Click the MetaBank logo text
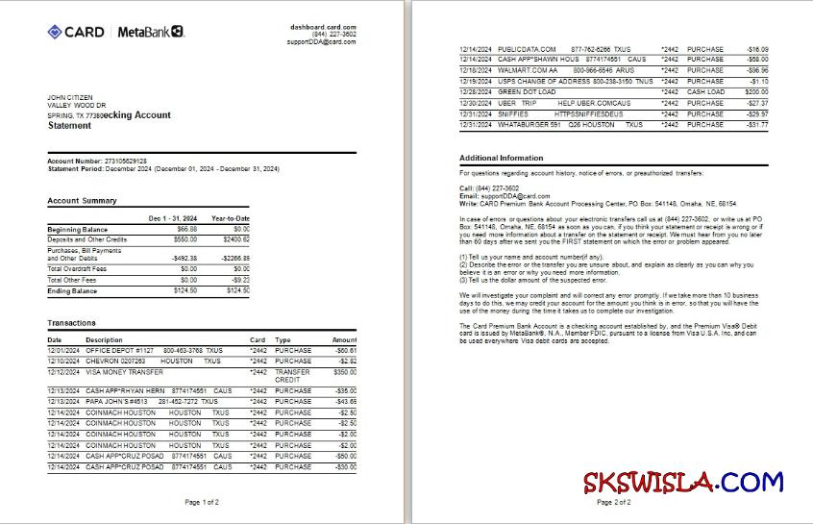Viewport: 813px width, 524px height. [x=150, y=32]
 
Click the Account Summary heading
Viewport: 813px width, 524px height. [x=83, y=201]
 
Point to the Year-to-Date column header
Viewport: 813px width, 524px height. [x=231, y=218]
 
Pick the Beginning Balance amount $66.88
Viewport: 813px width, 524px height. [x=186, y=229]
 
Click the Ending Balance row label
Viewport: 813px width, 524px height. [x=73, y=290]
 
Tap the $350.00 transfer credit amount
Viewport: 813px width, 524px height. [x=344, y=372]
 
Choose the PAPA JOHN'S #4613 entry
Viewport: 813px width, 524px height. [x=116, y=401]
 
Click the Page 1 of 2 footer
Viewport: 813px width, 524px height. [x=203, y=502]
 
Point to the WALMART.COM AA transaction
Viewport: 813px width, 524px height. [x=528, y=70]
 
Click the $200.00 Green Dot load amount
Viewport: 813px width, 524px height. [x=756, y=91]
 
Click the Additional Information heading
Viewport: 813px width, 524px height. [x=501, y=158]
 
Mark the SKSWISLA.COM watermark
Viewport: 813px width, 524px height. [x=682, y=481]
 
